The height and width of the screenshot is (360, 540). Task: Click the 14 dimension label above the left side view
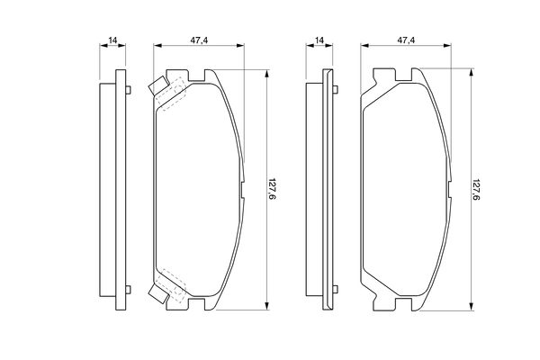(112, 40)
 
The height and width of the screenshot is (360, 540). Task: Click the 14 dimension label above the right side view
(319, 40)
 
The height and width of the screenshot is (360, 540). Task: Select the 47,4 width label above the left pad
(199, 40)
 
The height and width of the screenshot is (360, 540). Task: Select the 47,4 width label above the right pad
(407, 40)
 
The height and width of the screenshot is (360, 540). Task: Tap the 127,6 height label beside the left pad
(273, 189)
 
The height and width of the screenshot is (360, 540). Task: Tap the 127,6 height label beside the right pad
(476, 189)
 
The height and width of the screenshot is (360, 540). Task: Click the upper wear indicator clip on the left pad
(158, 85)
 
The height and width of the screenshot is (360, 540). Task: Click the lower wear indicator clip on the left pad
(158, 293)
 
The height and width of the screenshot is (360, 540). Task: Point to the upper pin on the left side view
(128, 90)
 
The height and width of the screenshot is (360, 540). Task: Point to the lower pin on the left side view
(128, 290)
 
